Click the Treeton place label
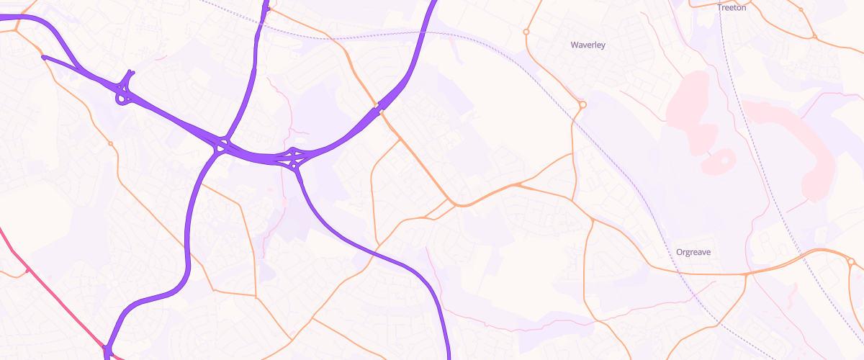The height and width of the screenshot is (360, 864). click(732, 7)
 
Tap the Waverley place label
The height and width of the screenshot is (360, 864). click(588, 45)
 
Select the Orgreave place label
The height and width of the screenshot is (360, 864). click(693, 252)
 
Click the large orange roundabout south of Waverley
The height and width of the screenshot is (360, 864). click(582, 105)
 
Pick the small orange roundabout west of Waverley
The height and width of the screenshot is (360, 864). click(526, 32)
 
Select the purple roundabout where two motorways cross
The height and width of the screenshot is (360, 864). click(220, 146)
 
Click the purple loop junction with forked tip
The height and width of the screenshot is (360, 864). click(125, 90)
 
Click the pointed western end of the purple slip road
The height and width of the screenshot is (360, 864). click(44, 57)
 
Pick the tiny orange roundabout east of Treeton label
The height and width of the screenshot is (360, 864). click(801, 10)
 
